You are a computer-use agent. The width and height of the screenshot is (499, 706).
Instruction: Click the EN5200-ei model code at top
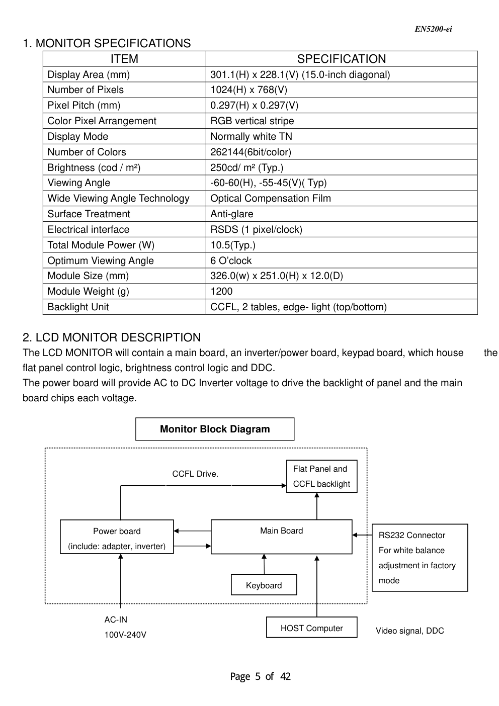[433, 29]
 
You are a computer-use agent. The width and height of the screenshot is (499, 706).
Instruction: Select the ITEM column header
[124, 59]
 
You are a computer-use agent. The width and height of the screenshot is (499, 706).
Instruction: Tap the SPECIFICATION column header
[341, 59]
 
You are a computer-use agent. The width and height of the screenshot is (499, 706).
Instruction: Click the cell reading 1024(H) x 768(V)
[249, 90]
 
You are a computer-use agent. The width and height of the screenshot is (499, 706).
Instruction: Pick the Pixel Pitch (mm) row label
[84, 106]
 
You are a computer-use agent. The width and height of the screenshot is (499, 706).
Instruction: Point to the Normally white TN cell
[251, 137]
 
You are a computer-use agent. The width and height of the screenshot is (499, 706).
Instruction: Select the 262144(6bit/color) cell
[251, 152]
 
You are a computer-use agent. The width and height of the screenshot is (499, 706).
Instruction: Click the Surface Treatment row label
[89, 214]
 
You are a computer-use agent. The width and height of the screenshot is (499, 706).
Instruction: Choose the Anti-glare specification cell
[232, 214]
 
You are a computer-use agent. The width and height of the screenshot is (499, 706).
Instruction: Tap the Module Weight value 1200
[221, 292]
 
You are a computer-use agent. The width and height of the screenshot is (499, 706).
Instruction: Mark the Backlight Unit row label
[78, 307]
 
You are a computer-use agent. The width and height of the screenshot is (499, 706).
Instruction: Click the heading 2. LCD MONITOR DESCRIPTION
[112, 337]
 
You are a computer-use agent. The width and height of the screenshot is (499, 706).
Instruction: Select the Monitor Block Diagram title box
[215, 429]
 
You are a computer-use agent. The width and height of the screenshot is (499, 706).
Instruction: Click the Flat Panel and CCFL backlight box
[321, 476]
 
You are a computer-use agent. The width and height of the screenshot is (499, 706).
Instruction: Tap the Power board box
[117, 537]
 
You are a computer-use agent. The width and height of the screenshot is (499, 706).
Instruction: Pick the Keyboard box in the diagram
[264, 585]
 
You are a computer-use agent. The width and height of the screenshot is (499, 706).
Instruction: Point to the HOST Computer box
[311, 628]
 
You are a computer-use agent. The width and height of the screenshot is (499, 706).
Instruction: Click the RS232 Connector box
[420, 558]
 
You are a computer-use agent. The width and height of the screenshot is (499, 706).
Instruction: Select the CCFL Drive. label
[195, 474]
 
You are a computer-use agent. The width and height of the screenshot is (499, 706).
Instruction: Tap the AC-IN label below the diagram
[116, 620]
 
